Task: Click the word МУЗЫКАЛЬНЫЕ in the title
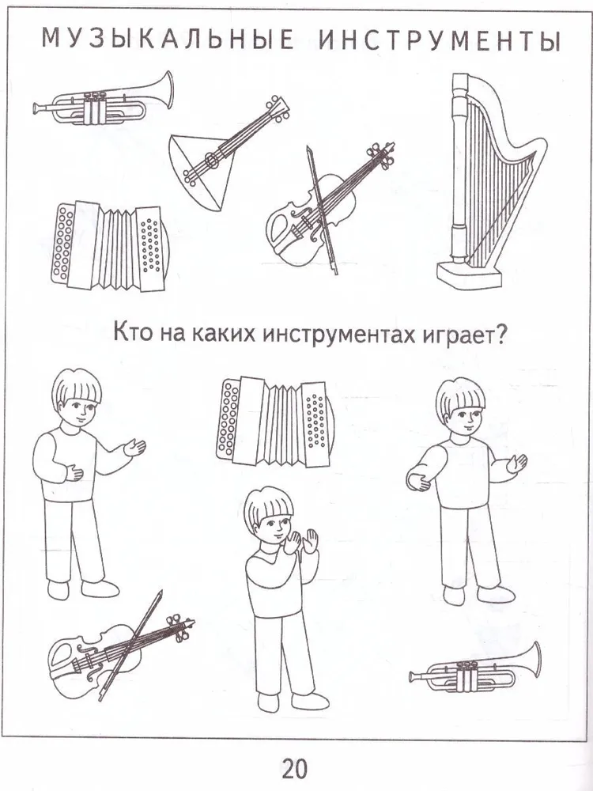pos(168,40)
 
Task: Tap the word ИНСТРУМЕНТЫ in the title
pos(440,40)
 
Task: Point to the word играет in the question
pos(455,335)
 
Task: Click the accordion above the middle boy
pos(275,422)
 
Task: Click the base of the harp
pos(470,277)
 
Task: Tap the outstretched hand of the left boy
pos(134,447)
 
